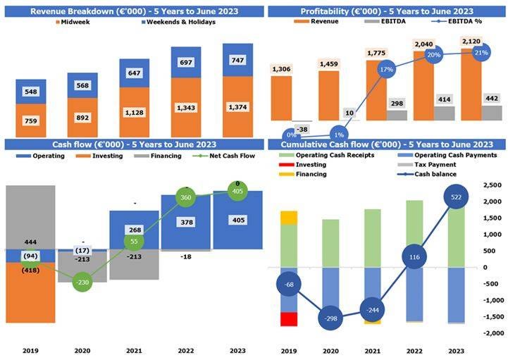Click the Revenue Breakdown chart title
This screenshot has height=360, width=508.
pyautogui.click(x=134, y=11)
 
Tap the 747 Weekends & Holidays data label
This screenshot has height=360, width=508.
pyautogui.click(x=237, y=61)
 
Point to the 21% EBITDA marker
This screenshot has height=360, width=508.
pyautogui.click(x=481, y=52)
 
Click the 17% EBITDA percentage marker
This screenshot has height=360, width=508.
pyautogui.click(x=385, y=70)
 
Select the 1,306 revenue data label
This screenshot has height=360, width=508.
pyautogui.click(x=281, y=68)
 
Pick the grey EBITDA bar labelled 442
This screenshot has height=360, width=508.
pyautogui.click(x=491, y=113)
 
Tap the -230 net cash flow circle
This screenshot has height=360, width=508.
pyautogui.click(x=82, y=283)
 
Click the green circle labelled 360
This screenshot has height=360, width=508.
pyautogui.click(x=186, y=198)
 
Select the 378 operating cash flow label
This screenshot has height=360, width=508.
pyautogui.click(x=186, y=223)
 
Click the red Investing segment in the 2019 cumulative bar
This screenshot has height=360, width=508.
pyautogui.click(x=288, y=319)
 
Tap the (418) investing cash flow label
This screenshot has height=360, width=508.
pyautogui.click(x=30, y=270)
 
